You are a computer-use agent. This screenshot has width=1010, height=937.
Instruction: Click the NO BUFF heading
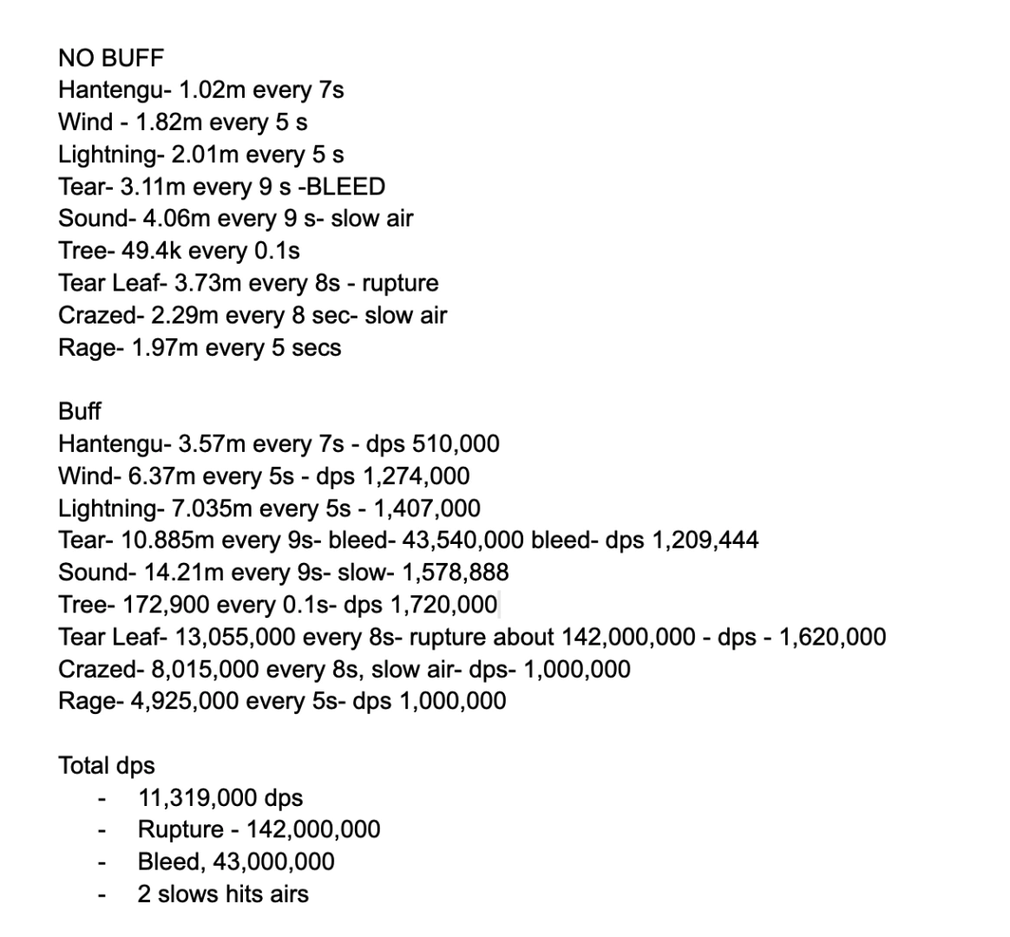click(111, 58)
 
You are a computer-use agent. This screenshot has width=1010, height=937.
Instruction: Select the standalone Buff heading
click(80, 411)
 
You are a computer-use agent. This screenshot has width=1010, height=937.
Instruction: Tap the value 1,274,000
click(412, 476)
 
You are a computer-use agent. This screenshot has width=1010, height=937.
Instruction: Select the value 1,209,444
click(705, 541)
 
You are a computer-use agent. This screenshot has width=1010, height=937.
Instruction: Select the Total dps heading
click(107, 765)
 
